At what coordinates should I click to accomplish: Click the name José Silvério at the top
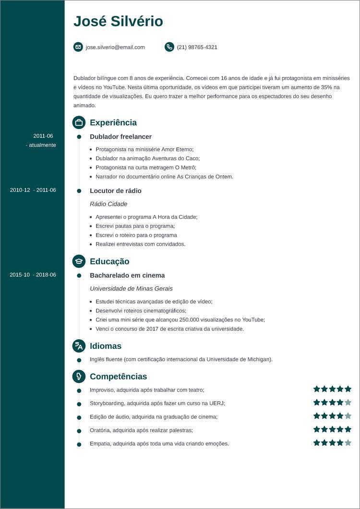tap(118, 22)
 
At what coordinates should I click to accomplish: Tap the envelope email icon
tap(78, 47)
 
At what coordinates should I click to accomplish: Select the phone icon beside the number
tap(169, 47)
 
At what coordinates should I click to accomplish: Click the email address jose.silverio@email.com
tap(115, 47)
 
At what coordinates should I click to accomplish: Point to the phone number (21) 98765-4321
tap(197, 47)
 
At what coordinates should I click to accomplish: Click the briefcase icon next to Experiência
tap(79, 122)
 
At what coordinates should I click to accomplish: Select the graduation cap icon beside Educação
tap(79, 261)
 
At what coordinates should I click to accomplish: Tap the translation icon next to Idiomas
tap(79, 346)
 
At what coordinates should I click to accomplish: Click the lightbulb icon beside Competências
tap(79, 377)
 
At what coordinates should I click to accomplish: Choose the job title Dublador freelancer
tap(120, 137)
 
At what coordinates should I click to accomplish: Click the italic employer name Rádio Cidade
tap(108, 204)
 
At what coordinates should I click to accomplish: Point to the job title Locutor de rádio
tap(115, 190)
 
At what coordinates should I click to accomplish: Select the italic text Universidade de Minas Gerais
tap(131, 288)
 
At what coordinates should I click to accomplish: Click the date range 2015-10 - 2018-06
tap(33, 275)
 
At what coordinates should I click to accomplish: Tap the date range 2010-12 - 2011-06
tap(33, 190)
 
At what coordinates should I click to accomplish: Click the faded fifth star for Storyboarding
tap(348, 402)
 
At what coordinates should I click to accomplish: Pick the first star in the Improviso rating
tap(317, 389)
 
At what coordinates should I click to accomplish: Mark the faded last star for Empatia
tap(348, 443)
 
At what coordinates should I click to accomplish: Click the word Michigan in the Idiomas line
tap(259, 359)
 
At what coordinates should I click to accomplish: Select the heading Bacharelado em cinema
tap(127, 275)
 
